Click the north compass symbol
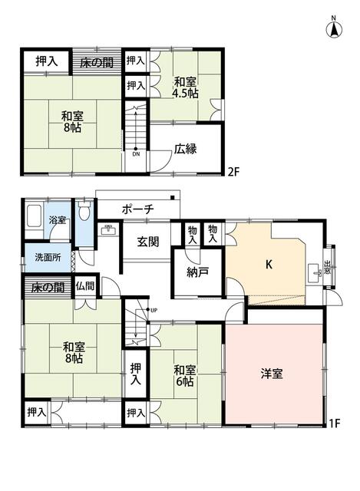[x=334, y=28]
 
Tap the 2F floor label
[x=233, y=172]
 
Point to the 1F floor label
[x=335, y=423]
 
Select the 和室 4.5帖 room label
[x=186, y=87]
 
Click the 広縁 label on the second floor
[x=186, y=149]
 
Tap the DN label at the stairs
[x=136, y=154]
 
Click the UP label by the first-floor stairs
[x=154, y=311]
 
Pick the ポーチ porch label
[x=138, y=209]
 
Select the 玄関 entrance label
[x=148, y=242]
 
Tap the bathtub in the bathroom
[x=34, y=216]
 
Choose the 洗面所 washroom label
[x=48, y=258]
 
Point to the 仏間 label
[x=85, y=286]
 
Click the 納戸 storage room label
[x=198, y=272]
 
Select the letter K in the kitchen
[x=269, y=265]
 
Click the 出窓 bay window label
[x=327, y=266]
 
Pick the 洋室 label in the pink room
[x=272, y=374]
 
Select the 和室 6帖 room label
[x=185, y=376]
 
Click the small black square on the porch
[x=172, y=197]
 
